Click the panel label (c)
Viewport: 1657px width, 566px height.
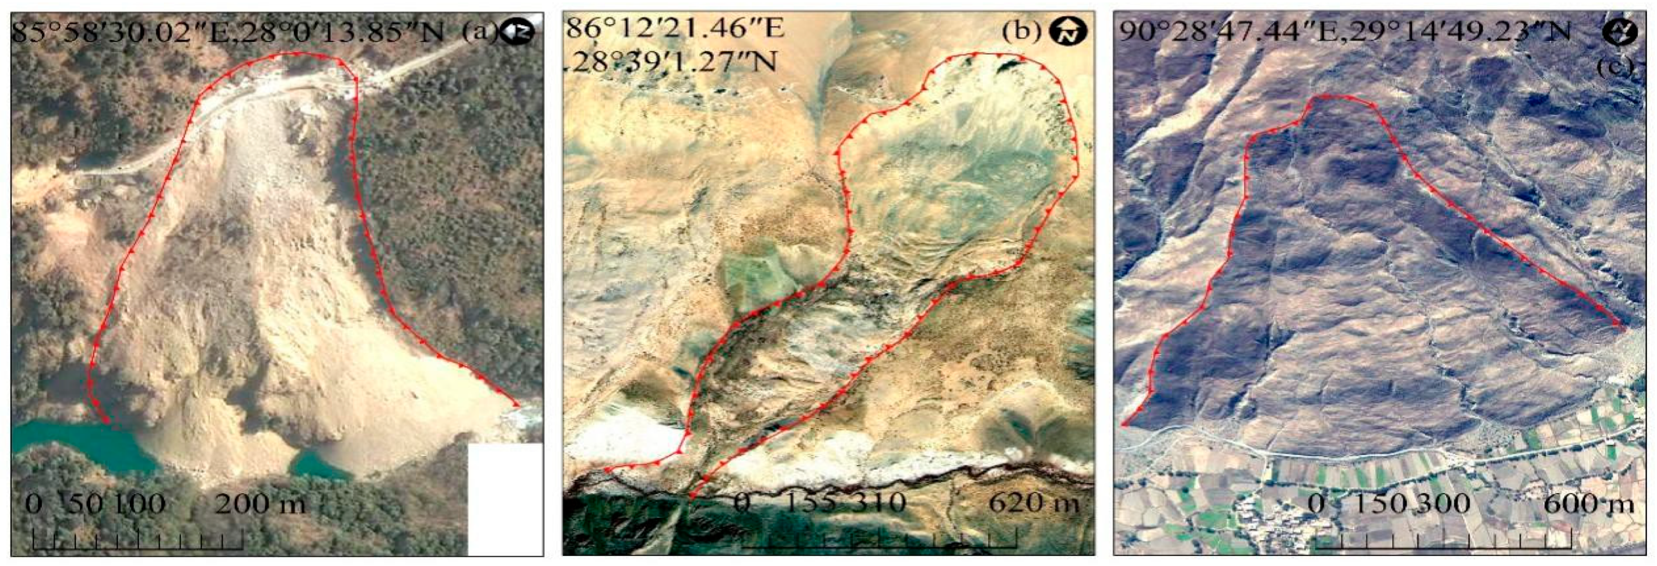(x=1615, y=66)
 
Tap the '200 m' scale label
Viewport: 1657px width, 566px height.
(x=259, y=503)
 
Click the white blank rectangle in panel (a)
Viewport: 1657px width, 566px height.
(x=505, y=499)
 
